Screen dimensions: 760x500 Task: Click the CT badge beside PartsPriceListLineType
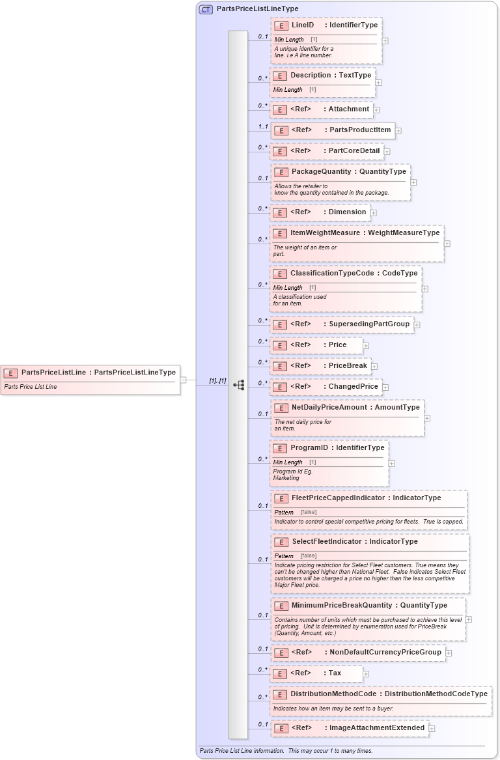click(x=206, y=9)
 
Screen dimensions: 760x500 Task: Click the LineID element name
click(x=303, y=25)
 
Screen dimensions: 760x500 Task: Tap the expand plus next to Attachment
click(x=376, y=110)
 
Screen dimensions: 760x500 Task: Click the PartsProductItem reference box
click(x=333, y=130)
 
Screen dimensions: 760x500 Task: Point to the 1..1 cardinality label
click(x=262, y=126)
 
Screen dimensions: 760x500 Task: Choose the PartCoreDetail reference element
click(x=327, y=151)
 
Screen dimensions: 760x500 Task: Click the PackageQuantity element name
click(x=322, y=172)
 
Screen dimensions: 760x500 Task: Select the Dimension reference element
click(x=320, y=212)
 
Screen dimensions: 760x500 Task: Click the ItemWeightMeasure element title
click(x=326, y=232)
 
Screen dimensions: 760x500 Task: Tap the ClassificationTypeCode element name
click(x=332, y=274)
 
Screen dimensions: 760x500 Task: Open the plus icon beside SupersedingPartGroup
click(x=417, y=325)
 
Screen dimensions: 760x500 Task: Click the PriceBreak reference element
click(x=320, y=366)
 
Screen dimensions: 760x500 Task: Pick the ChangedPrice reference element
click(x=326, y=387)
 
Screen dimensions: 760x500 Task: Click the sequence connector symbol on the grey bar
click(x=238, y=385)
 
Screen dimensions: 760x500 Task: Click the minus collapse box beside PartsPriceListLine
click(x=184, y=380)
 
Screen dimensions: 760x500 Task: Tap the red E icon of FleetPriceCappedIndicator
click(x=281, y=499)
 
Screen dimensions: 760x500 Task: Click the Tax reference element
click(x=316, y=673)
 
